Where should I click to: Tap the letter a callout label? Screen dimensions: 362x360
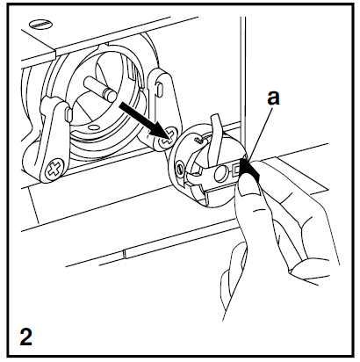tap(274, 100)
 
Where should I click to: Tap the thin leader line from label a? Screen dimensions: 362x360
tap(260, 132)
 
